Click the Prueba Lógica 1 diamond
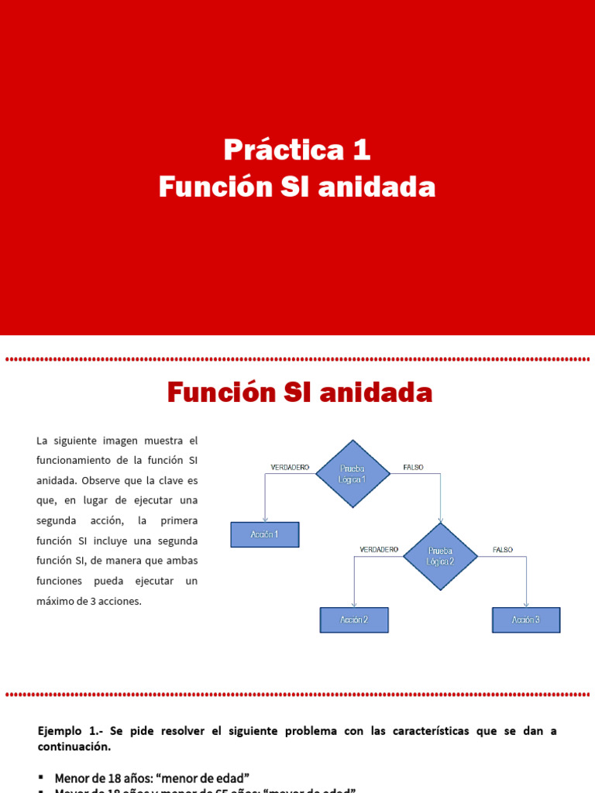(x=353, y=474)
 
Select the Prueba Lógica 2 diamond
(x=441, y=556)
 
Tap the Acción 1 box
(x=265, y=534)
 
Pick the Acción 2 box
(x=354, y=620)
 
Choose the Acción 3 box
(x=526, y=620)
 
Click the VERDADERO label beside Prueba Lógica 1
(x=290, y=467)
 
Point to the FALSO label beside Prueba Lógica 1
(x=414, y=467)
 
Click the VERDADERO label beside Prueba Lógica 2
(x=379, y=549)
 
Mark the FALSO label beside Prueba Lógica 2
(x=503, y=549)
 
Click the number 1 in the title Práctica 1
(x=362, y=149)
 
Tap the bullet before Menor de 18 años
(x=40, y=778)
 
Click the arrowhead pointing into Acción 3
(x=527, y=604)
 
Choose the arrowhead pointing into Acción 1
(x=265, y=519)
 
